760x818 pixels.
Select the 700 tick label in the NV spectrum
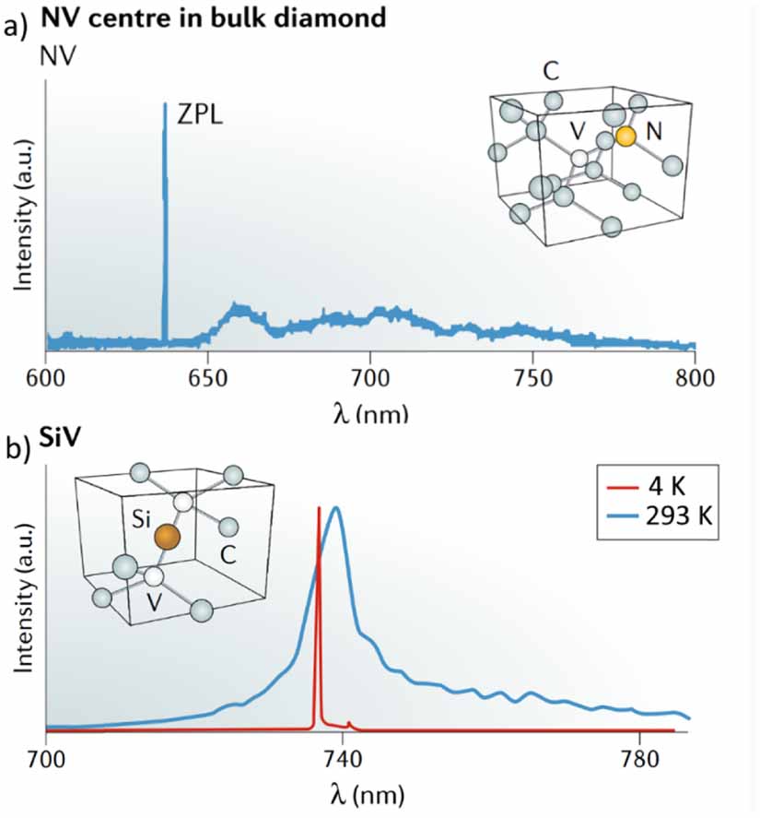(369, 378)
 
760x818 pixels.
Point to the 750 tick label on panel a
(532, 378)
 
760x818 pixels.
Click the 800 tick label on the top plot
(695, 378)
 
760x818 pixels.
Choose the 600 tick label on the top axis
(45, 378)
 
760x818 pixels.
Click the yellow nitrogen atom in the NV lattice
(626, 136)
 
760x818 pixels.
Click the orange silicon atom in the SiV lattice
(166, 536)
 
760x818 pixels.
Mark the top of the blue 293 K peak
(336, 508)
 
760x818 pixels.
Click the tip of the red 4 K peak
(319, 508)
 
